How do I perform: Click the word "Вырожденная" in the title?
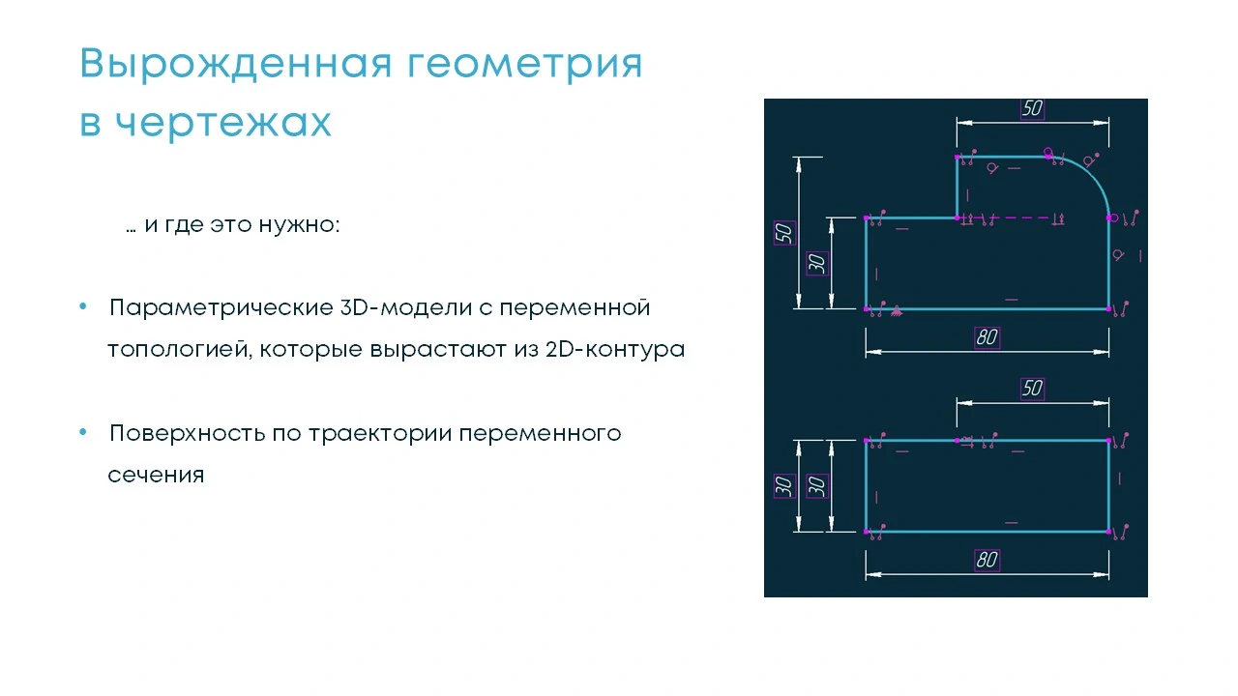click(236, 64)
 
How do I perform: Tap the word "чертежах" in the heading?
click(223, 123)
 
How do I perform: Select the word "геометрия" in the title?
click(525, 64)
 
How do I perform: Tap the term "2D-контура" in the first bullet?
click(615, 350)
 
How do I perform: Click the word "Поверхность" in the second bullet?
click(188, 434)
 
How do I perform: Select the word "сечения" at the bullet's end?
click(156, 475)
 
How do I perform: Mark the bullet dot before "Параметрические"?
click(83, 306)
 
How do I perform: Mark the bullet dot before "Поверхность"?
click(83, 432)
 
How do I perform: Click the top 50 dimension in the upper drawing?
click(1032, 108)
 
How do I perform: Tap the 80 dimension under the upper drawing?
click(987, 337)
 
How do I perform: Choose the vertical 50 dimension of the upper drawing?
click(784, 233)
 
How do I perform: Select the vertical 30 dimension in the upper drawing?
click(817, 264)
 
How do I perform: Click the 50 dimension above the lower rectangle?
click(1032, 389)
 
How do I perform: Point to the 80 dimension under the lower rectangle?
click(987, 560)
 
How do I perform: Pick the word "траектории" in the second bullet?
click(380, 434)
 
